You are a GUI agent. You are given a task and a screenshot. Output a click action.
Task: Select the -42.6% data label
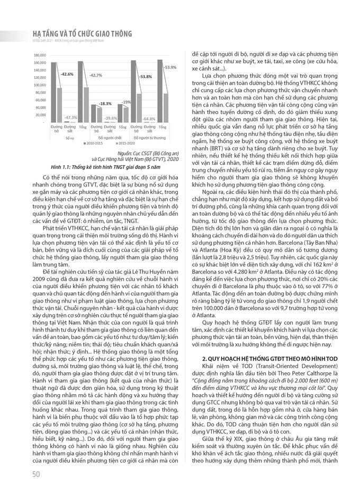point(66,74)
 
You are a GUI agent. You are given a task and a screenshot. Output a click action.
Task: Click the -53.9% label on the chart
point(169,67)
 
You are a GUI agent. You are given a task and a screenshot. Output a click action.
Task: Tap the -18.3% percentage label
point(105,103)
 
